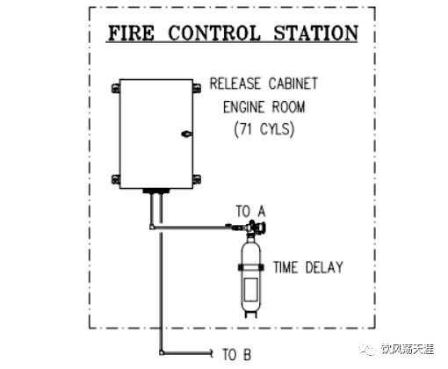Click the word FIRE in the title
click(131, 33)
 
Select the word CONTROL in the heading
click(214, 33)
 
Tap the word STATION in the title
click(315, 33)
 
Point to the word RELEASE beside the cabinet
click(235, 83)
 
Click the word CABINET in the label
click(293, 83)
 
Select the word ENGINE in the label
click(243, 107)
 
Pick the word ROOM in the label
click(288, 107)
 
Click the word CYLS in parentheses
click(276, 129)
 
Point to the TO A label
click(250, 211)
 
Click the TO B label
click(236, 354)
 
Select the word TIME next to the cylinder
click(285, 267)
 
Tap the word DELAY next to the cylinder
click(324, 267)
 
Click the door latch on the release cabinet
click(186, 134)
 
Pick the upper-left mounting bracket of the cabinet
click(116, 88)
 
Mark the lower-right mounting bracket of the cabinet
click(197, 179)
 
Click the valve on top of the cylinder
click(254, 228)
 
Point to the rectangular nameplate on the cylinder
click(251, 289)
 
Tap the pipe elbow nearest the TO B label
click(162, 352)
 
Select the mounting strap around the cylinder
click(251, 267)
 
